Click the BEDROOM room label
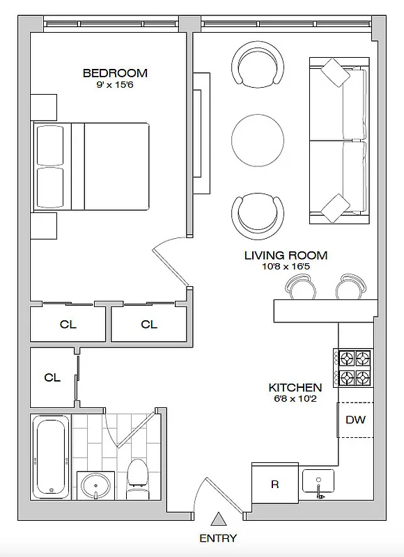pyautogui.click(x=115, y=73)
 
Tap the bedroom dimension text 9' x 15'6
pyautogui.click(x=115, y=85)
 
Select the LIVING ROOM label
pyautogui.click(x=286, y=256)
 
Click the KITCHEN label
pyautogui.click(x=295, y=388)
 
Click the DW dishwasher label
pyautogui.click(x=355, y=420)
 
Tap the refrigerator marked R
pyautogui.click(x=275, y=485)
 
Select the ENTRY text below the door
pyautogui.click(x=218, y=538)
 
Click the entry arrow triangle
pyautogui.click(x=218, y=519)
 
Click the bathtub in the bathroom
pyautogui.click(x=51, y=456)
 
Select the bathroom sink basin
pyautogui.click(x=93, y=485)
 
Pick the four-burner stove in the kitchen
pyautogui.click(x=355, y=368)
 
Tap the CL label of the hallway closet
pyautogui.click(x=52, y=378)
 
